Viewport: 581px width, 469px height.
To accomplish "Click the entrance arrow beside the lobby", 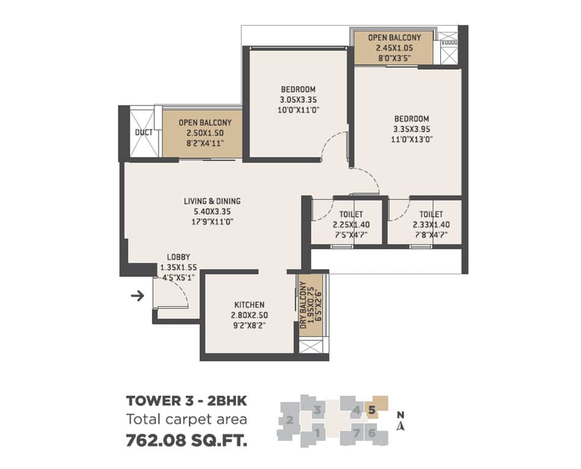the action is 138,296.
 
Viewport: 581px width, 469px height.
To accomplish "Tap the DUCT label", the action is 144,132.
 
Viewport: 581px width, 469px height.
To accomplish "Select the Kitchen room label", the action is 249,305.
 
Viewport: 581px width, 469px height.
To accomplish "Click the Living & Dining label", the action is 212,201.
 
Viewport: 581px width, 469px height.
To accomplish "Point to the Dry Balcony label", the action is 304,305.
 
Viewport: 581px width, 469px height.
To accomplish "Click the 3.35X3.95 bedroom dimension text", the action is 411,129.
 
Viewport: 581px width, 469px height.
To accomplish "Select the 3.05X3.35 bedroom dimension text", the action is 298,100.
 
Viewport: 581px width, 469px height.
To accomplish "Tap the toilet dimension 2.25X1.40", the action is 351,225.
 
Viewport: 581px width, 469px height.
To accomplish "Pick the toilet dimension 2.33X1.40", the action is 431,225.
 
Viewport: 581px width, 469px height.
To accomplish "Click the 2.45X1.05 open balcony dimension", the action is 395,48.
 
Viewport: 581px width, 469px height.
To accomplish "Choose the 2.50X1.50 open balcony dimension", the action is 205,133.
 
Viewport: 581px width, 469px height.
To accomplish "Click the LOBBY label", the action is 179,257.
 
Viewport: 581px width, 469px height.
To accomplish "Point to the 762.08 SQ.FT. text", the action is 187,441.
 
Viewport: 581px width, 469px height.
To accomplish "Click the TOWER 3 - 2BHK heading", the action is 186,401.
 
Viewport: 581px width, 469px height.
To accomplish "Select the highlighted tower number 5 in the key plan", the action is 372,410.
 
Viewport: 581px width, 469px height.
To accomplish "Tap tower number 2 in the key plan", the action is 290,420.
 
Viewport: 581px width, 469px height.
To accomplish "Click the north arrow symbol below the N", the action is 400,426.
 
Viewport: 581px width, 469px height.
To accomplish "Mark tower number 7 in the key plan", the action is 356,433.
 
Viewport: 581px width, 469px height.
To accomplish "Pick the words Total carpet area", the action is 186,419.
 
